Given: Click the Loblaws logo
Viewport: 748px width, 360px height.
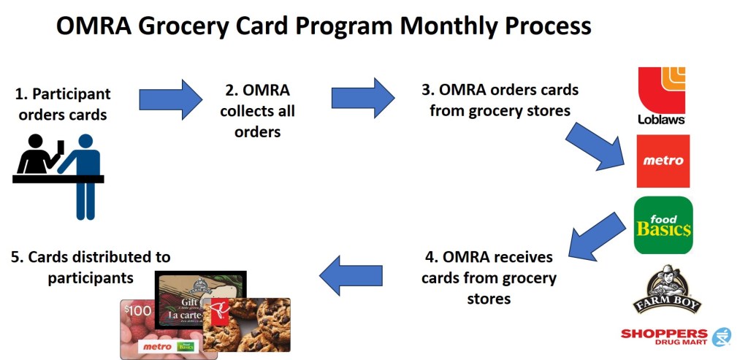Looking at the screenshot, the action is (662, 96).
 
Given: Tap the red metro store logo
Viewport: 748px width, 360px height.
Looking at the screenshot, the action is (663, 161).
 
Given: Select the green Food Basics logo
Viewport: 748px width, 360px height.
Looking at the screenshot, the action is (663, 225).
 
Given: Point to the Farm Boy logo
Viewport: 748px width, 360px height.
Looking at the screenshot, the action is (666, 289).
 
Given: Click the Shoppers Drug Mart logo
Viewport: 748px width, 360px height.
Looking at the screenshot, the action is (676, 337).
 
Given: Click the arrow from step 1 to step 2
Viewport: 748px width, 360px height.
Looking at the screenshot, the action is (170, 99).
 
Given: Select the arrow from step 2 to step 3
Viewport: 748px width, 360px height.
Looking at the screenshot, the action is (363, 98).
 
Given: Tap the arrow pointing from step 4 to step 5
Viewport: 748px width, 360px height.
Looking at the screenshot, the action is (351, 275).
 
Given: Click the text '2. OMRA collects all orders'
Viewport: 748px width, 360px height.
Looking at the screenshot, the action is (258, 110).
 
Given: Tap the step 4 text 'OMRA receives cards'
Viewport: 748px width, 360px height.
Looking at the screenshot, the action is (489, 277).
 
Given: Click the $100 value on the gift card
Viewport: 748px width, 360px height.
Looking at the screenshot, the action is (138, 311).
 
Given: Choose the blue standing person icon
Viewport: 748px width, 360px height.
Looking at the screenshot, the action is (82, 177).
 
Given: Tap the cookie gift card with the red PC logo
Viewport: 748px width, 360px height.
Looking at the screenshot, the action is (247, 325).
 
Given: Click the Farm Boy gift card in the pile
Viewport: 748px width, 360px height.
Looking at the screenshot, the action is (200, 296).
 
